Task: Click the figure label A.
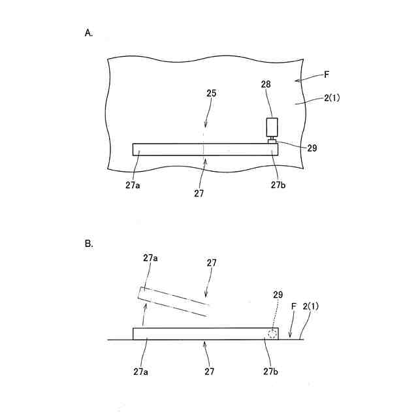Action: (89, 33)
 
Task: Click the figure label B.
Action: (89, 244)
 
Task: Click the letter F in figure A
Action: (327, 75)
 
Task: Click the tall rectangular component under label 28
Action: (272, 126)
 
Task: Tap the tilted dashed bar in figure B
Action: (174, 301)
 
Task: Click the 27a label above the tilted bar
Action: (150, 257)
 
